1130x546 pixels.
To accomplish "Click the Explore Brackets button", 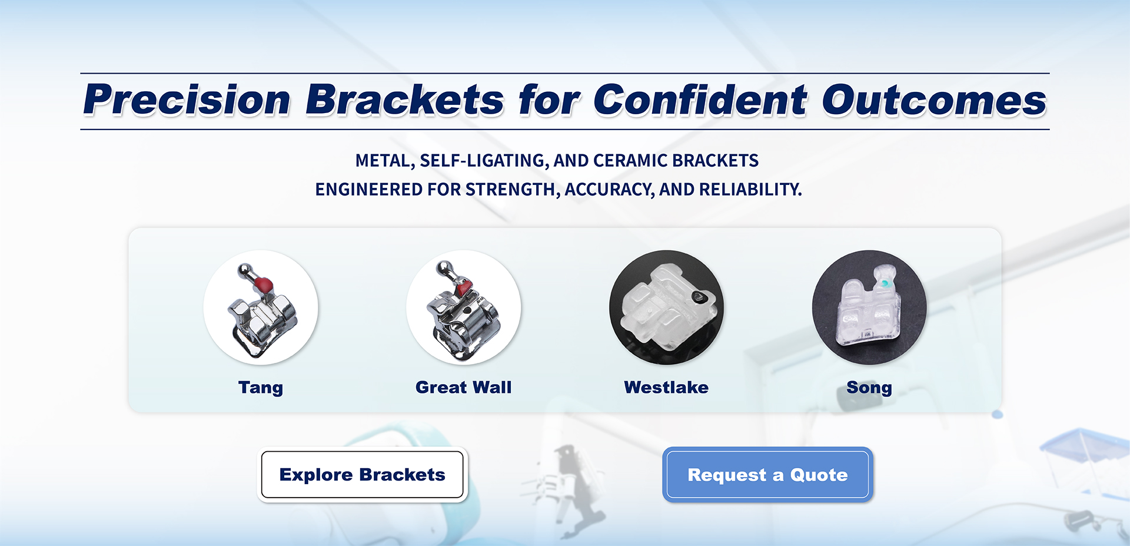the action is pos(362,475).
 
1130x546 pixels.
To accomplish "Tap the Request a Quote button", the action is pos(767,475).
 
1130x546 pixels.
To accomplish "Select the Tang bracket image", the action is pos(261,307).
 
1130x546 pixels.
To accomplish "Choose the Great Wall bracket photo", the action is pos(464,307).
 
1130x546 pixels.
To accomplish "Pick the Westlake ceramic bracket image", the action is pos(666,307).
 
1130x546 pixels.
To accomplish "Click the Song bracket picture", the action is pos(869,307).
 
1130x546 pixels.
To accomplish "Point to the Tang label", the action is pos(261,388).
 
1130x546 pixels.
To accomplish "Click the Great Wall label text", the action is pos(464,387).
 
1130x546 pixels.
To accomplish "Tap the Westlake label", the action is pos(666,387).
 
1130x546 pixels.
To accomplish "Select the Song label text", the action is pos(869,388).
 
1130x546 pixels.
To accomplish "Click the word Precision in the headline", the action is pos(187,99).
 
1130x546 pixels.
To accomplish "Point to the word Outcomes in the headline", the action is pos(935,99).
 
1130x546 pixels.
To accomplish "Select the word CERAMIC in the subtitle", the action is pos(630,161).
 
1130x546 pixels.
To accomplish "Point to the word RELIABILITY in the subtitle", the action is pos(750,190).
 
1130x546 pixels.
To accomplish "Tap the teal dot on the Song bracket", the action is pos(884,284).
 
